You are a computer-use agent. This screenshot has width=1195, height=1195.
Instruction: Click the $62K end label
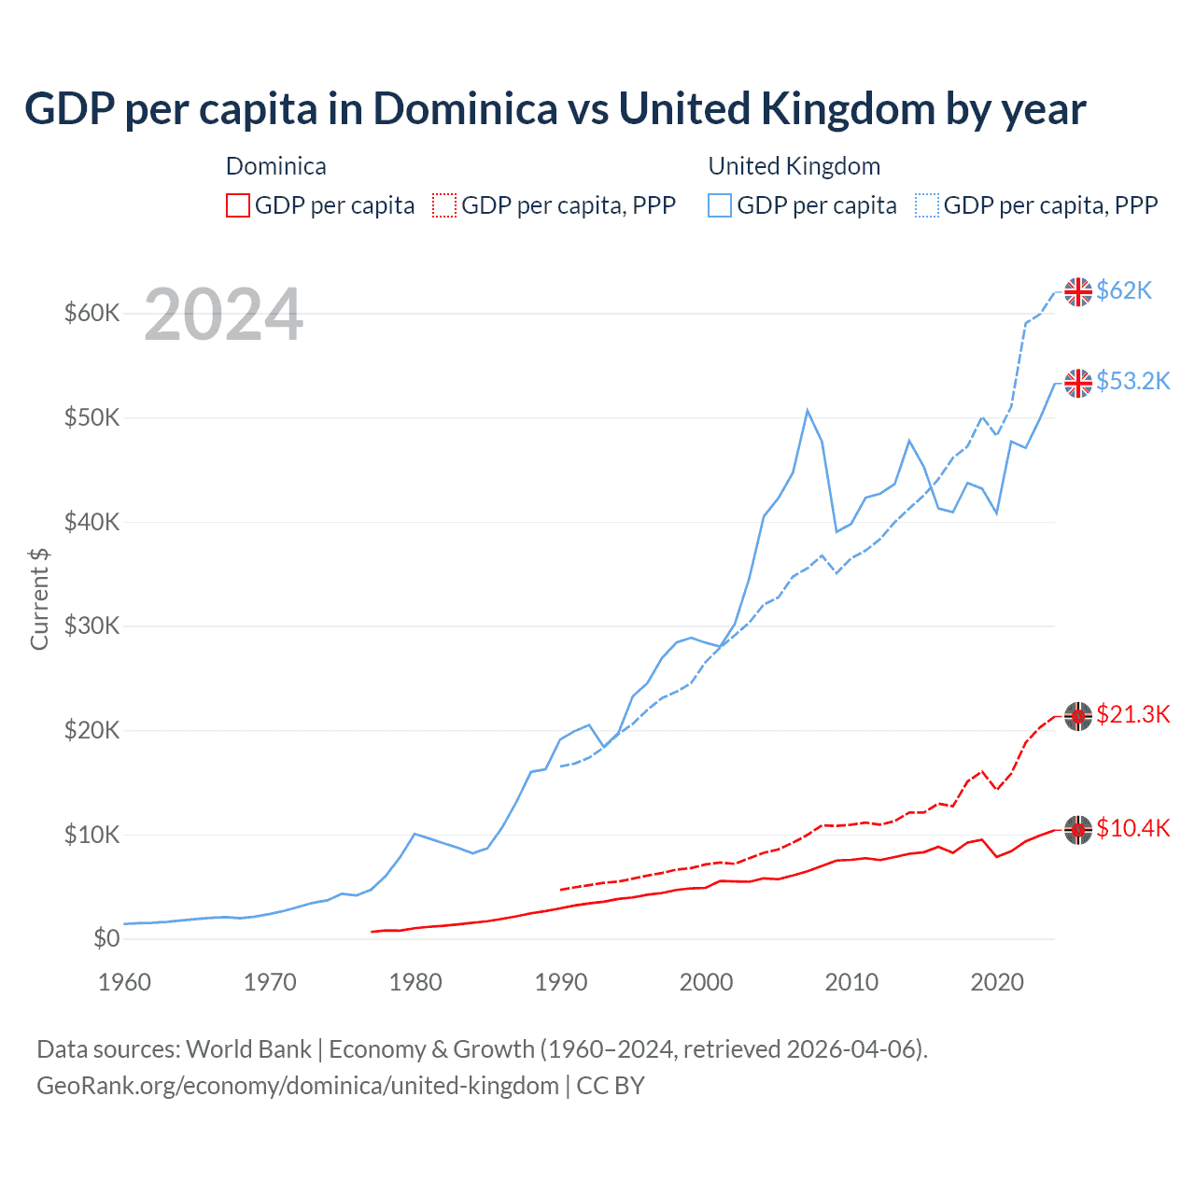click(x=1124, y=291)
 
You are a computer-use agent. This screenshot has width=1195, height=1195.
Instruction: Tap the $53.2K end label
click(x=1132, y=382)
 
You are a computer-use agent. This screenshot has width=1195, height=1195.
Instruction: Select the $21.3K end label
click(x=1132, y=715)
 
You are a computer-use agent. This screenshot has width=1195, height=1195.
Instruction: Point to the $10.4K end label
click(x=1132, y=829)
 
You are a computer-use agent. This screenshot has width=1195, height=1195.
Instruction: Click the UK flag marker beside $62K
click(x=1078, y=292)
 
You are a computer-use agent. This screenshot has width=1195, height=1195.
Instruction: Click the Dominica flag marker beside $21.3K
click(x=1078, y=716)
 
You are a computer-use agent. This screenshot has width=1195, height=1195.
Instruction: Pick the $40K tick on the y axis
click(x=91, y=522)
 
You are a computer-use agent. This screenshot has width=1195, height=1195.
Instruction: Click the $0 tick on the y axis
click(x=105, y=939)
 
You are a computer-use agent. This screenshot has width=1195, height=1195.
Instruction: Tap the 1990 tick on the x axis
click(x=561, y=983)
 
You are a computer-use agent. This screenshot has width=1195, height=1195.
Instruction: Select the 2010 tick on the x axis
click(x=851, y=983)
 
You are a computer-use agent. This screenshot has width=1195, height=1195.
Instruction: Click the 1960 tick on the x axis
click(x=125, y=983)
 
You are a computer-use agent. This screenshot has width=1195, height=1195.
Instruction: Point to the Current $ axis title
click(x=39, y=599)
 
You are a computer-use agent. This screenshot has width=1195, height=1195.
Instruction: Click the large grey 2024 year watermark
click(x=224, y=316)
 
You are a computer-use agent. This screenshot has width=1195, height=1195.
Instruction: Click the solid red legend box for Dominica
click(x=238, y=205)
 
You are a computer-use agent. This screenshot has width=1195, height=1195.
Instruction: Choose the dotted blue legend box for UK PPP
click(x=927, y=205)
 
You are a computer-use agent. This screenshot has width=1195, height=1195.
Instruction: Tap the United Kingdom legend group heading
click(x=794, y=166)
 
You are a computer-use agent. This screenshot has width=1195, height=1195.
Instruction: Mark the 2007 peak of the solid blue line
click(x=808, y=411)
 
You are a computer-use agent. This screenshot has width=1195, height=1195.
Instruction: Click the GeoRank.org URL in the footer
click(x=298, y=1086)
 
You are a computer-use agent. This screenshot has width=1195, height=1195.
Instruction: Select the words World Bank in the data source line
click(x=248, y=1049)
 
